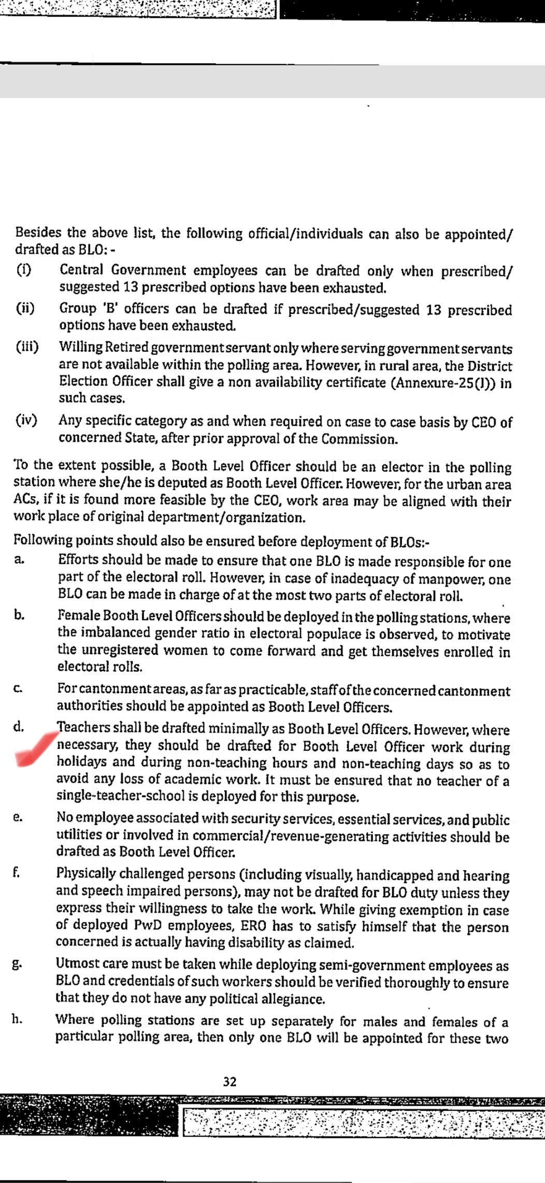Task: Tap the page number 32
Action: [x=230, y=1081]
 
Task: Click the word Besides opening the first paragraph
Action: [x=37, y=233]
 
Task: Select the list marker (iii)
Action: [x=27, y=347]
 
